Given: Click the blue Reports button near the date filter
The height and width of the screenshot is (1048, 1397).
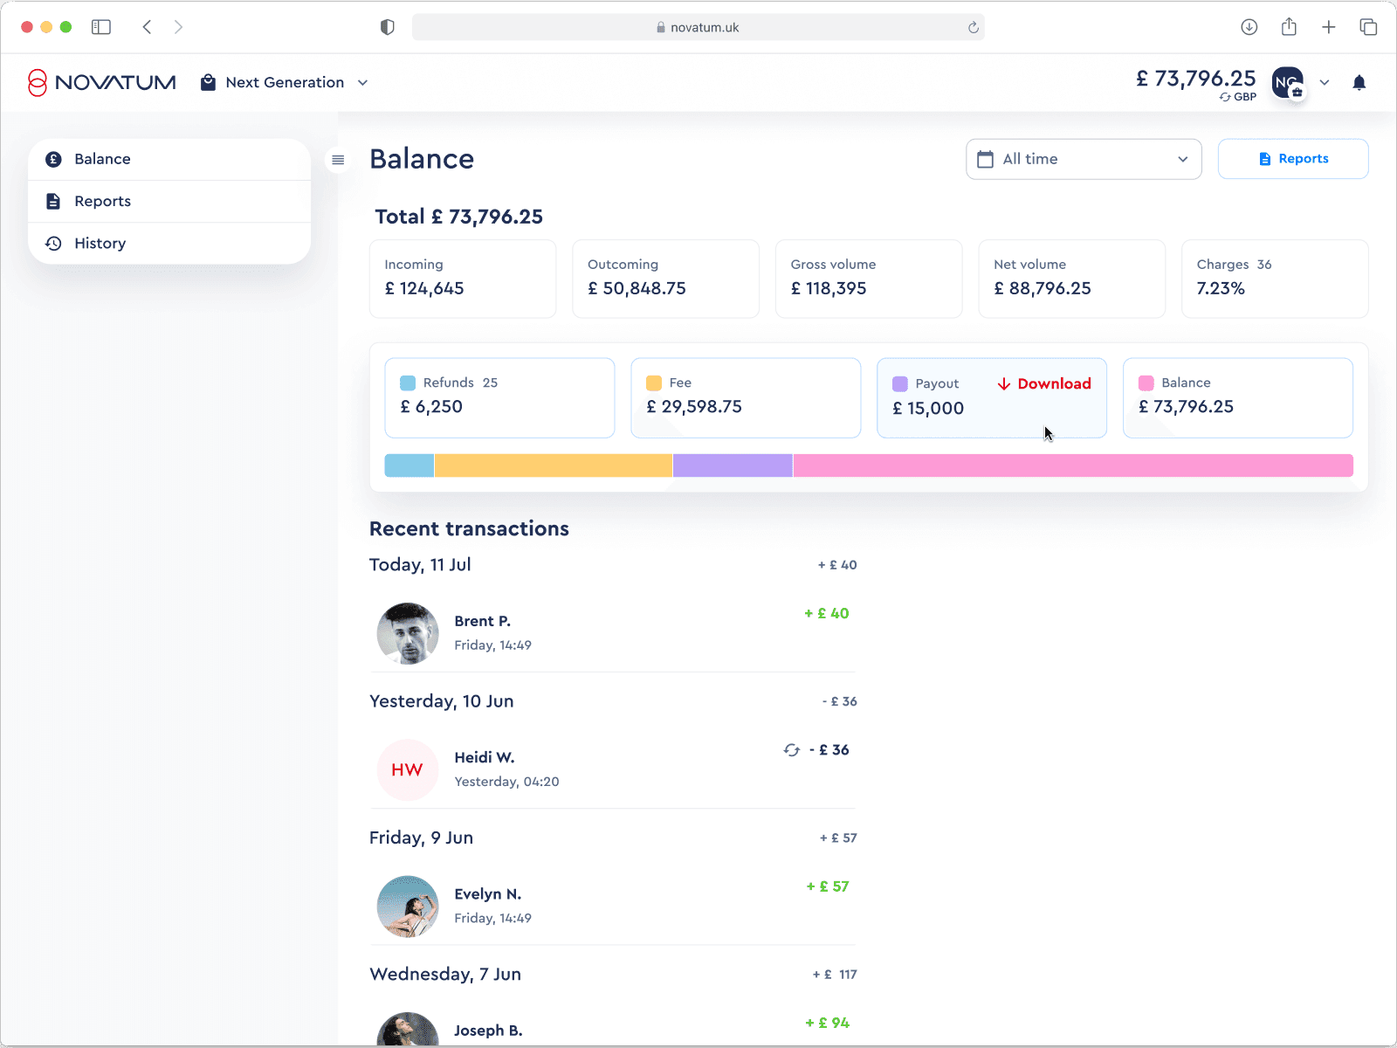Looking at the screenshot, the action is pyautogui.click(x=1292, y=159).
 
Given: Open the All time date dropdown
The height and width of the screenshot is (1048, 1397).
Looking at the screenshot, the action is pyautogui.click(x=1084, y=159).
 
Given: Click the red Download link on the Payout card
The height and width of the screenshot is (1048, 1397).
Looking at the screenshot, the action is pyautogui.click(x=1044, y=383).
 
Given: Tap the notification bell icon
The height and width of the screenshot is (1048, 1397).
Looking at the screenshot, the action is pyautogui.click(x=1359, y=83).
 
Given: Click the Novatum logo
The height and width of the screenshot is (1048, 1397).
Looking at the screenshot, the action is pyautogui.click(x=102, y=83).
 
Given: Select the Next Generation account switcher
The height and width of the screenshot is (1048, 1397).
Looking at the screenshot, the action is pyautogui.click(x=284, y=83).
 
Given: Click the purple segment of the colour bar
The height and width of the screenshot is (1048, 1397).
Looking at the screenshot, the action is pyautogui.click(x=733, y=465).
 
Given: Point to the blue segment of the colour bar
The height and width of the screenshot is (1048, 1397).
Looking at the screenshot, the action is pyautogui.click(x=409, y=465).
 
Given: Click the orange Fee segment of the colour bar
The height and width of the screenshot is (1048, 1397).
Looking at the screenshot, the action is pyautogui.click(x=553, y=465).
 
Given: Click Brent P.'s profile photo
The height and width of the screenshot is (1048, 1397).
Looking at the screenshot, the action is pyautogui.click(x=408, y=633).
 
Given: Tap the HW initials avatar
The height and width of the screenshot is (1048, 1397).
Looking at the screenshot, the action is pyautogui.click(x=408, y=770).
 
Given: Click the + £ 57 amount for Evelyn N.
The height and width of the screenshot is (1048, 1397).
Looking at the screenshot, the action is pyautogui.click(x=828, y=886).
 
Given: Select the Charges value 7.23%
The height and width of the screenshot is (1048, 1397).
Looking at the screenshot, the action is pyautogui.click(x=1220, y=289).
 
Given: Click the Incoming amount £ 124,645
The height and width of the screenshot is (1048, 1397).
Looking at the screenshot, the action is pyautogui.click(x=423, y=289).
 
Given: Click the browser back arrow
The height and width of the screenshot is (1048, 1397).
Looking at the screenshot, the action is pyautogui.click(x=147, y=27).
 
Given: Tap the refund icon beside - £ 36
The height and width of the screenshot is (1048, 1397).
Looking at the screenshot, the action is pyautogui.click(x=791, y=750).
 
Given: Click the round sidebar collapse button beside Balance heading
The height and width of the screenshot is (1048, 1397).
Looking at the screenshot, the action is pyautogui.click(x=338, y=160).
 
